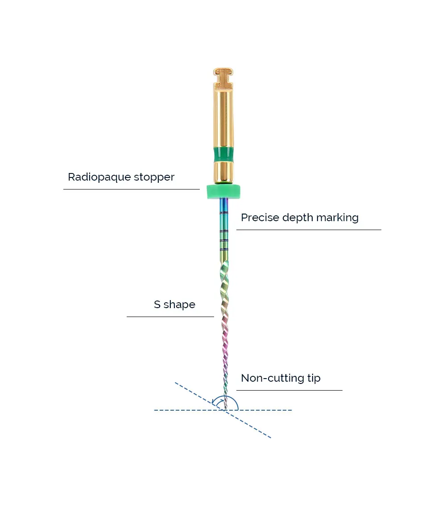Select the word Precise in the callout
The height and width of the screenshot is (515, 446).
[258, 218]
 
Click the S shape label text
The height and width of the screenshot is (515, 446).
[174, 305]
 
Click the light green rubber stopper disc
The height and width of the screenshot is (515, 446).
[223, 192]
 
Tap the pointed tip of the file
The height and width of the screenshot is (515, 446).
[226, 408]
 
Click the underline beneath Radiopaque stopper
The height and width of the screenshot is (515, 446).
[131, 189]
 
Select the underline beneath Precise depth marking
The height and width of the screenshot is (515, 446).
[309, 230]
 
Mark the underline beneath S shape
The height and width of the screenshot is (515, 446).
[170, 317]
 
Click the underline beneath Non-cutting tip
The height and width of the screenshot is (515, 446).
[289, 390]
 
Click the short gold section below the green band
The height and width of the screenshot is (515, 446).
[223, 171]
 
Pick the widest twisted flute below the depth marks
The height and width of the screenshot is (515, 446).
[224, 272]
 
